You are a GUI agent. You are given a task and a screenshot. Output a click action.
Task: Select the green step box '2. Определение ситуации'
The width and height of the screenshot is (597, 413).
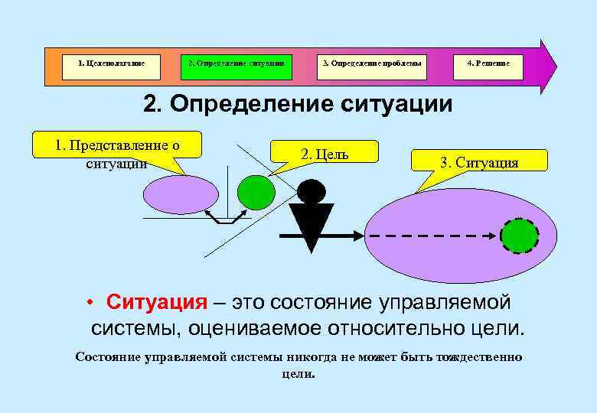237,63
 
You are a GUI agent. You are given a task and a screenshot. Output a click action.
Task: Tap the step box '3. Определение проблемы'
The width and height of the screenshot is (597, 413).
371,63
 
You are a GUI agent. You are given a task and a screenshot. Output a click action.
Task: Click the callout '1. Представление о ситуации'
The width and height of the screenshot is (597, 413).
116,145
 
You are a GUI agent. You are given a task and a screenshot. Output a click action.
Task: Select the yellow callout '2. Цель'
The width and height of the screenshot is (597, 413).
325,152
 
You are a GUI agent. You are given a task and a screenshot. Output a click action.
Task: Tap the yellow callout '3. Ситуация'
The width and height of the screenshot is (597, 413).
479,161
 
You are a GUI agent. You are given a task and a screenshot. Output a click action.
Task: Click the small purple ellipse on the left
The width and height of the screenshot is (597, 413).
182,193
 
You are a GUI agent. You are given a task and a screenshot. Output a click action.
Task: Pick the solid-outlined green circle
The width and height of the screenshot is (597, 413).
256,191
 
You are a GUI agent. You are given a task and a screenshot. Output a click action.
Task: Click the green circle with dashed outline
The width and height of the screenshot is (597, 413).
520,236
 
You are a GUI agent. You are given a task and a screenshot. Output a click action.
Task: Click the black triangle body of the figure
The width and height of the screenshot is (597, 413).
311,224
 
